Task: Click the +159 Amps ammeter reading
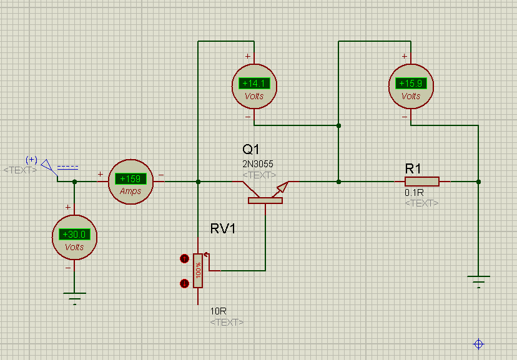pos(130,179)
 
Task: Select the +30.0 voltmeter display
pos(74,234)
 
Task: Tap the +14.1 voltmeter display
pos(254,84)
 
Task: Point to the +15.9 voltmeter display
pos(411,84)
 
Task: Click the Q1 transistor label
pos(251,149)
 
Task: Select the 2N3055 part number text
pos(258,163)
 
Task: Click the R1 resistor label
pos(413,168)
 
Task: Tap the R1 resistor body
pos(422,182)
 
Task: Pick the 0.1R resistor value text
pos(414,192)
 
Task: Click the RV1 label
pos(223,228)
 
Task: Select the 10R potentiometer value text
pos(219,311)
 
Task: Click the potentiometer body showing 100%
pos(198,271)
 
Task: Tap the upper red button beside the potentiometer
pos(184,259)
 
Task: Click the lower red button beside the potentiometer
pos(184,283)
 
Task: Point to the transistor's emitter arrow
pos(282,187)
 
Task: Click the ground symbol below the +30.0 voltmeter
pos(74,298)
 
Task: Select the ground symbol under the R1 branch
pos(478,281)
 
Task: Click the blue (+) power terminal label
pos(31,160)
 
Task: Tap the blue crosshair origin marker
pos(478,344)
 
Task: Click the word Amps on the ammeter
pos(130,191)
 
